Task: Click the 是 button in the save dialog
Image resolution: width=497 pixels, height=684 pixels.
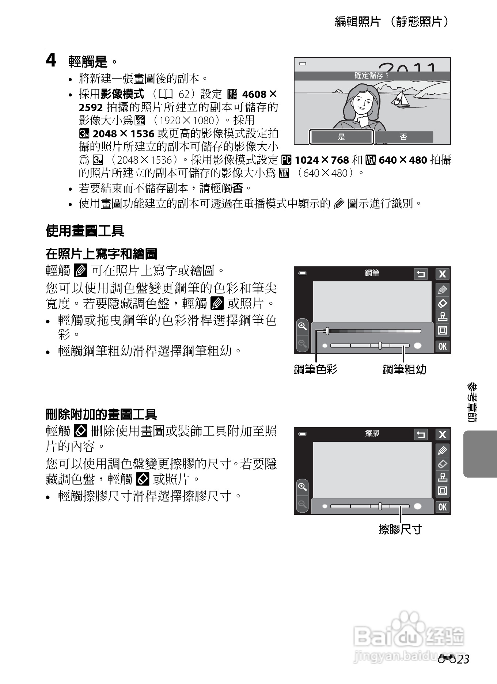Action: [x=341, y=137]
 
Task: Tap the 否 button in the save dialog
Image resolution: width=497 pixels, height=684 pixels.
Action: [x=403, y=137]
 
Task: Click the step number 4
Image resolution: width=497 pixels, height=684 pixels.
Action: [x=51, y=61]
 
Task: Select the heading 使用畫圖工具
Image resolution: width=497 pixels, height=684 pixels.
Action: [x=85, y=231]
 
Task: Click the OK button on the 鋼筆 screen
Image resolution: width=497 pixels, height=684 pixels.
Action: [x=443, y=346]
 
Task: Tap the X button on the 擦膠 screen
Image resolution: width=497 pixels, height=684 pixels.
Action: [x=443, y=434]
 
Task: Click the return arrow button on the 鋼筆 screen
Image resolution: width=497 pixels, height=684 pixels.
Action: [x=421, y=274]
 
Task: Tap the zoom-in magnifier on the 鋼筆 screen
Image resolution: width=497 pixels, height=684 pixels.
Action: [x=302, y=326]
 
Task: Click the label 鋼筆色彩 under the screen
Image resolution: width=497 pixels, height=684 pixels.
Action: [x=316, y=369]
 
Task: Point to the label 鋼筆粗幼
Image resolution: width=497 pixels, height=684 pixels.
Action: [x=404, y=369]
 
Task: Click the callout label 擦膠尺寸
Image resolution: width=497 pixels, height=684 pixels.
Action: [x=400, y=529]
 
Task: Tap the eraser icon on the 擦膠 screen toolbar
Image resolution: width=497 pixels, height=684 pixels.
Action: [x=443, y=464]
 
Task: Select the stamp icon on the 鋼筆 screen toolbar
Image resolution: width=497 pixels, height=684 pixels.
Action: [x=443, y=317]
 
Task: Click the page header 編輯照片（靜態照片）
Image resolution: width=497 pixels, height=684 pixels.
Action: [x=392, y=22]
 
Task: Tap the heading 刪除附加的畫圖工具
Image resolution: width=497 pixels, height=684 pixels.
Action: [x=101, y=414]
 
